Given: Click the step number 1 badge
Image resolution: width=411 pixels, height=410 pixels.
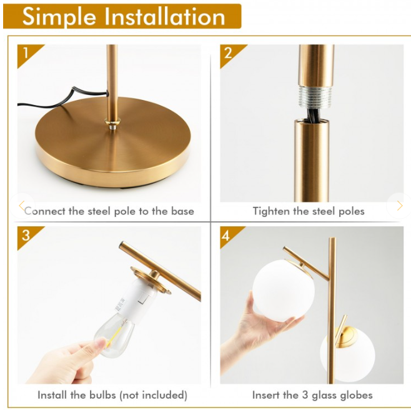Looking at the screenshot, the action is tap(26, 53).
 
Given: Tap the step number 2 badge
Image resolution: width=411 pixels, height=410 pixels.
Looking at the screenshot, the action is tap(229, 53).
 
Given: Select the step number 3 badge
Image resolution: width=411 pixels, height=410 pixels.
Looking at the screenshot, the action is tap(26, 235).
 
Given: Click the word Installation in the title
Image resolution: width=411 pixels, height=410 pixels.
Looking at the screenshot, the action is tap(165, 17).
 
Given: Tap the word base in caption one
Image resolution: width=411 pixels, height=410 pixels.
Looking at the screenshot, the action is tap(182, 211).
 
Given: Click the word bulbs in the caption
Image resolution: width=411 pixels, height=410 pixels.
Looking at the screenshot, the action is tap(102, 395).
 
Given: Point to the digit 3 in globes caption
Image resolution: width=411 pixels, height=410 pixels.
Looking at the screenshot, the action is tap(304, 395).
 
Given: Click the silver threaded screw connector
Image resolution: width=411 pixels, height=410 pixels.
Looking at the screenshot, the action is tap(315, 96).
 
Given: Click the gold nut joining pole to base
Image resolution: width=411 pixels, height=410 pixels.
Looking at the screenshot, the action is tap(112, 122).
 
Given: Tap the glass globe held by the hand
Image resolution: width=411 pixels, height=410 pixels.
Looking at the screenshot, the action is tap(284, 289).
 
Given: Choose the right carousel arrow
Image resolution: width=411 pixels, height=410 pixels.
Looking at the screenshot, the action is tap(400, 206).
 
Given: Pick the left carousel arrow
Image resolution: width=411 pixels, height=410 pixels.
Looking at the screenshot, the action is tap(22, 206).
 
